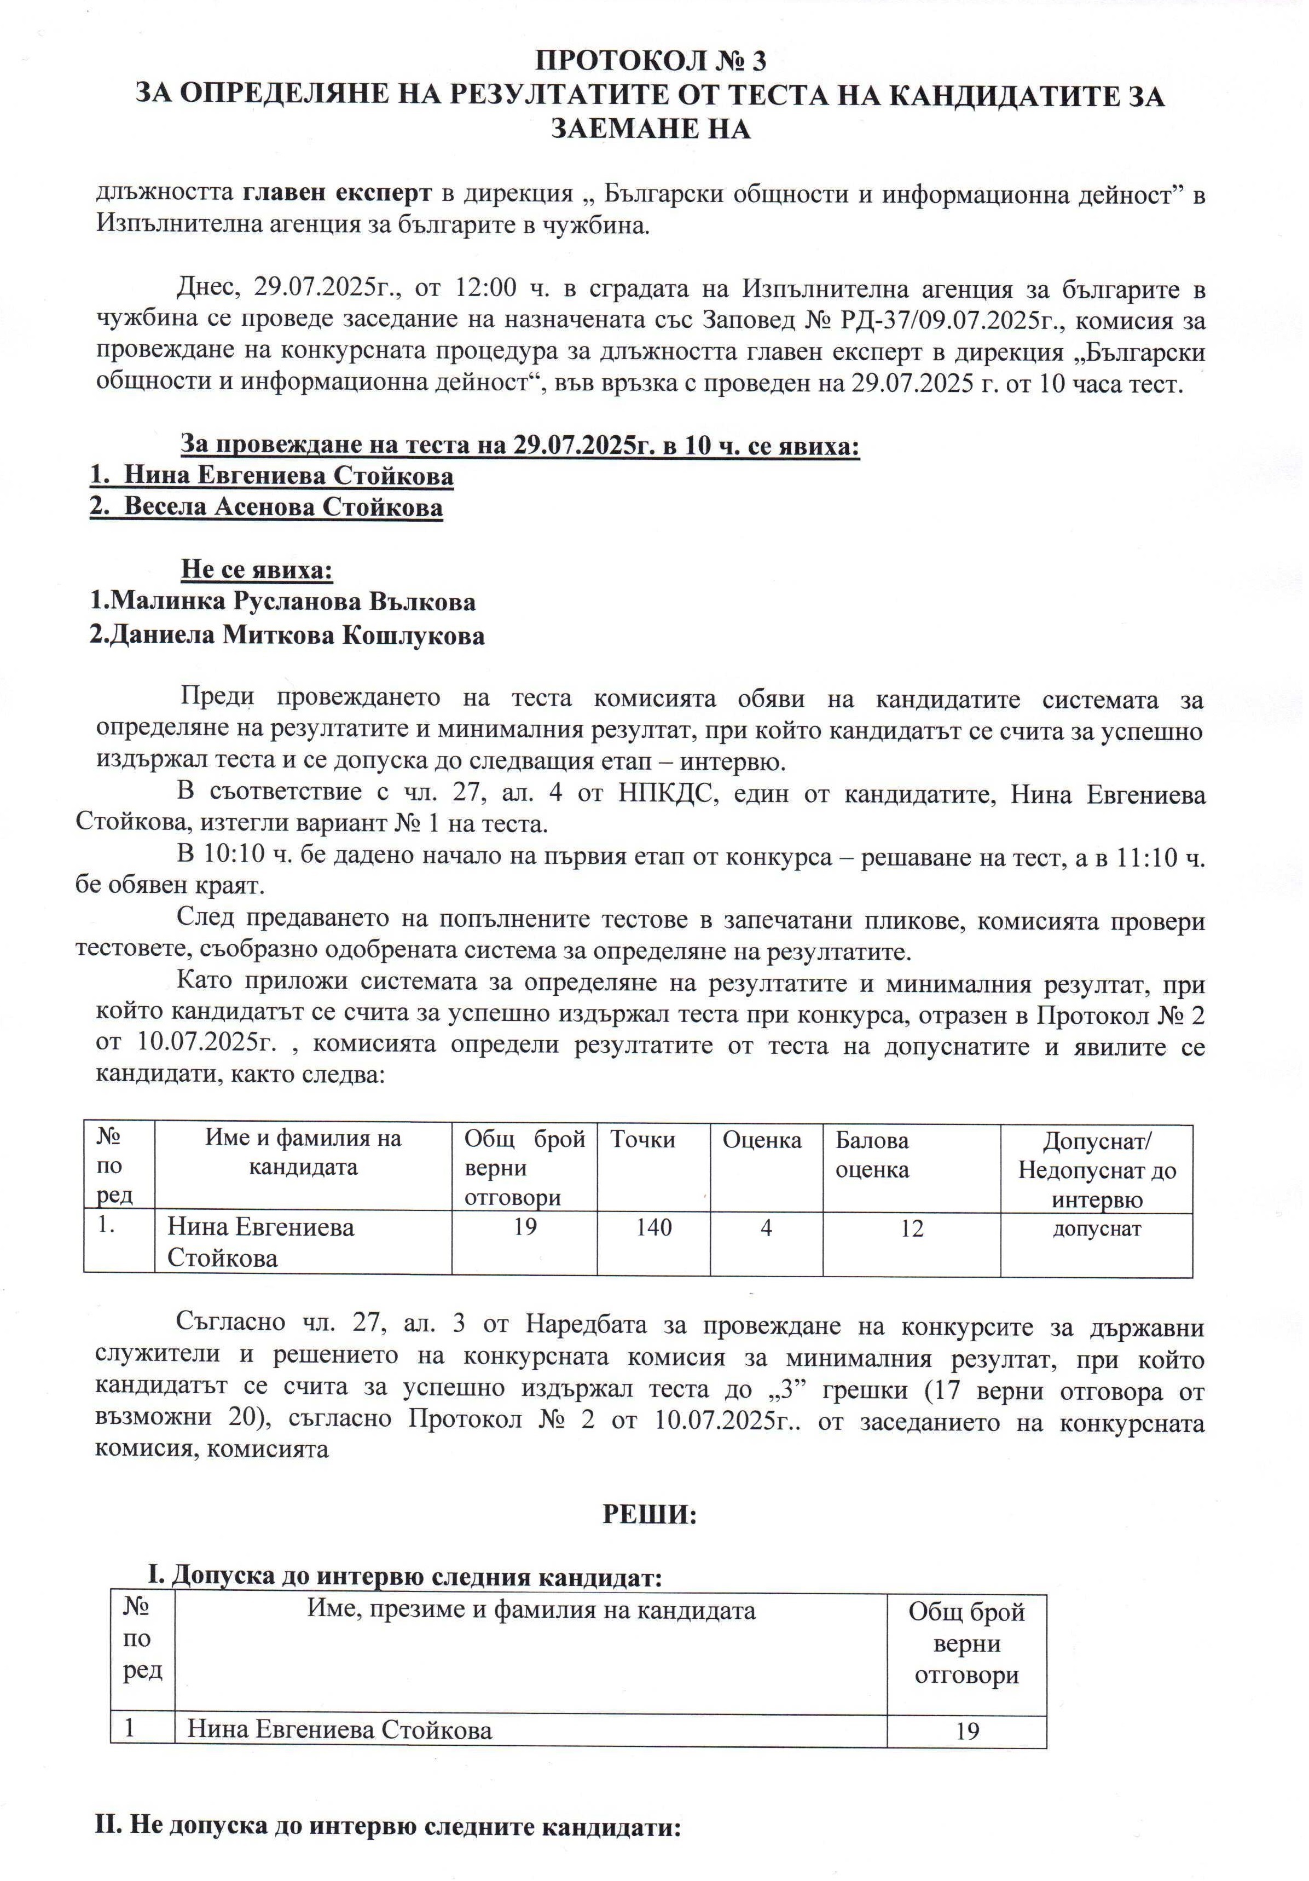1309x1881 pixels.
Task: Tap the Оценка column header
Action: pyautogui.click(x=761, y=1140)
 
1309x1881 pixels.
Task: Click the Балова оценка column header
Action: pyautogui.click(x=872, y=1155)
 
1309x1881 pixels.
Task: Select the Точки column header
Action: pyautogui.click(x=642, y=1140)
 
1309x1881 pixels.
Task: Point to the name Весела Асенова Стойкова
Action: pyautogui.click(x=282, y=507)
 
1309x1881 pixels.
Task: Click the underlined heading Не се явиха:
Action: pyautogui.click(x=257, y=569)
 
